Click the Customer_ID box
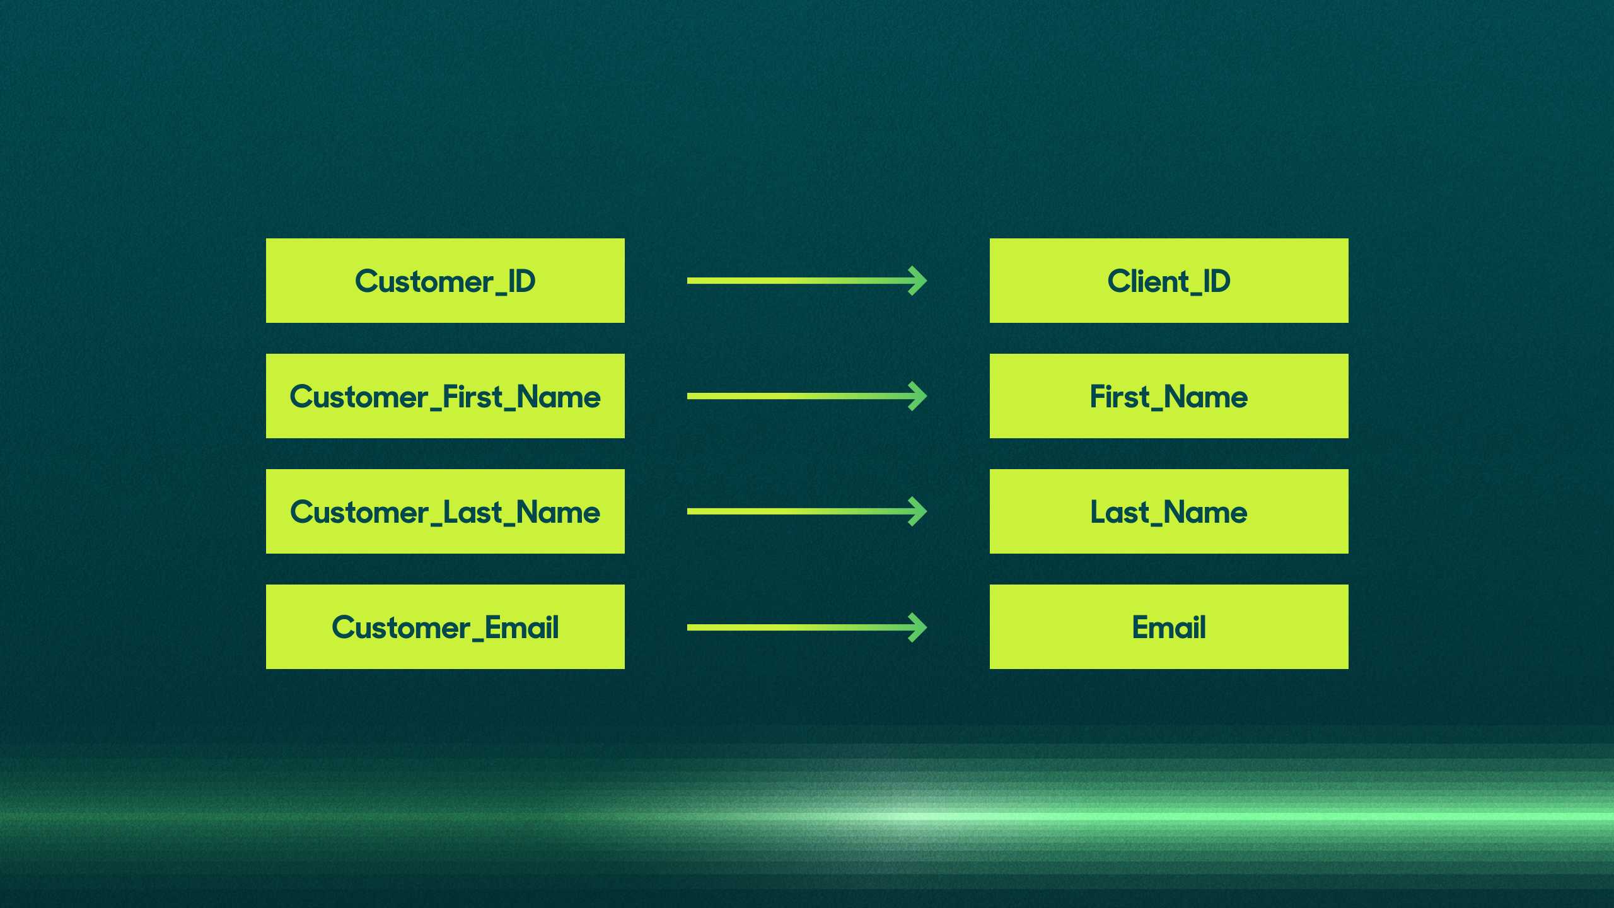[445, 281]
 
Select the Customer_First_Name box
[445, 396]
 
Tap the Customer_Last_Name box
[445, 511]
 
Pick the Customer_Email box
[445, 627]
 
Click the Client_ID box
[1169, 281]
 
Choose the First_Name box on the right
[1169, 396]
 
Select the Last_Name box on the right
[1169, 511]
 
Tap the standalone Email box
[1169, 627]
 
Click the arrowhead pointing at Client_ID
[918, 281]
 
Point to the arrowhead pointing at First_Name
[918, 396]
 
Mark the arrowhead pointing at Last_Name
[918, 511]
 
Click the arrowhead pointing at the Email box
[918, 627]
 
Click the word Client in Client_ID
[1147, 281]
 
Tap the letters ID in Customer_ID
[522, 281]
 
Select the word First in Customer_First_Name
[473, 397]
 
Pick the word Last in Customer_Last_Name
[472, 512]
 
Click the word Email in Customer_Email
[521, 627]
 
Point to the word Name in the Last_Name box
[1205, 512]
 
